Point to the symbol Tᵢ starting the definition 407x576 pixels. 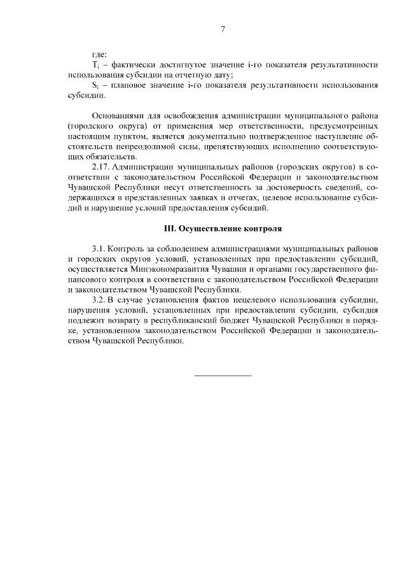tap(96, 65)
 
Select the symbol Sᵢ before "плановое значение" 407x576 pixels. tap(95, 85)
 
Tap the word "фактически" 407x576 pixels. tap(134, 65)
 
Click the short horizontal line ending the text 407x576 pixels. tap(223, 376)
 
